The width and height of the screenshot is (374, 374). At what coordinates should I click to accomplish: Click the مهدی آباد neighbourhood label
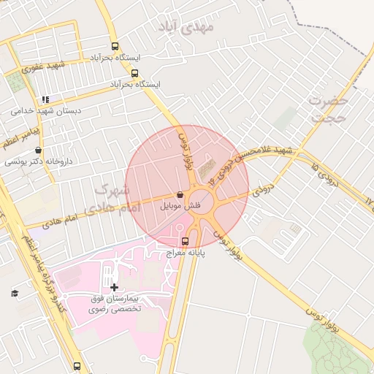coord(187,28)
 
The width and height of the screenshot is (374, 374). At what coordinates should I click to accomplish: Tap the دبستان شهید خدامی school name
coord(46,111)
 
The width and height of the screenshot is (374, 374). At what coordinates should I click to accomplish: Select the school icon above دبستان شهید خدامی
coord(45,99)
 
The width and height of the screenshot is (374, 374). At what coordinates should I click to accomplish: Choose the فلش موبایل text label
coord(180,206)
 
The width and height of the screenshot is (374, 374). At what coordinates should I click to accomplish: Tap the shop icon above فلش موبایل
coord(180,195)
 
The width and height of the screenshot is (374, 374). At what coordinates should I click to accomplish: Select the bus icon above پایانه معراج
coord(184,240)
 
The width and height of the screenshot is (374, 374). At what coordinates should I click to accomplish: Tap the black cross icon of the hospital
coord(113,288)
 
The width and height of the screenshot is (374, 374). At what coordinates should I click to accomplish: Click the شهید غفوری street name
coord(43,66)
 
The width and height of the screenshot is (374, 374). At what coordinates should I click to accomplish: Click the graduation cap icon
coord(14,293)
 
